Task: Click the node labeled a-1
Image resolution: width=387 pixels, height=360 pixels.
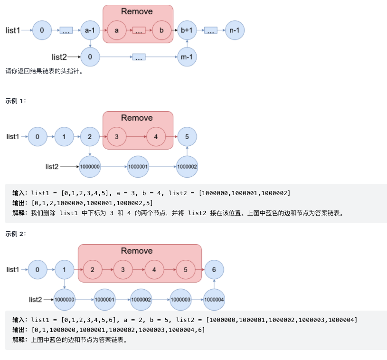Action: [x=90, y=30]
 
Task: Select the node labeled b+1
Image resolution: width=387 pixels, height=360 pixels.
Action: [x=187, y=30]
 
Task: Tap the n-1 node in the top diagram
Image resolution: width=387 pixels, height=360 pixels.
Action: [x=235, y=30]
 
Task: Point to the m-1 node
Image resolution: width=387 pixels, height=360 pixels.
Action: [x=187, y=57]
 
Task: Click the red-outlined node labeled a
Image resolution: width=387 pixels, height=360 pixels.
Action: [x=116, y=30]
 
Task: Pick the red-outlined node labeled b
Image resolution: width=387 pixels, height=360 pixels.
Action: [x=161, y=30]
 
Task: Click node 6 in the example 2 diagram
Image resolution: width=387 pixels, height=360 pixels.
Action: [x=214, y=270]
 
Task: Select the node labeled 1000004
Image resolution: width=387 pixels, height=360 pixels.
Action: [x=214, y=300]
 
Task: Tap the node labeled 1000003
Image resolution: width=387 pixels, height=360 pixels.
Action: [x=180, y=300]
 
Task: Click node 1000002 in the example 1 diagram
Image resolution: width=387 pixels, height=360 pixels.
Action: [x=187, y=167]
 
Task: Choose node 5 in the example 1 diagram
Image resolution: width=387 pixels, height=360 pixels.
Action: [x=187, y=137]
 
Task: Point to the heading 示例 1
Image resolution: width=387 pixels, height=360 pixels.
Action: [x=16, y=101]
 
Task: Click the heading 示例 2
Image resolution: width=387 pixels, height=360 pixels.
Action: [x=16, y=234]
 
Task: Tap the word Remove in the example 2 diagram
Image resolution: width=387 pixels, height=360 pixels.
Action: [x=137, y=251]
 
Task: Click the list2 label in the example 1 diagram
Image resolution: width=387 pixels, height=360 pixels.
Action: [x=52, y=166]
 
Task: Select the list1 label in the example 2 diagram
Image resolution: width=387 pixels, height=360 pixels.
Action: [x=13, y=270]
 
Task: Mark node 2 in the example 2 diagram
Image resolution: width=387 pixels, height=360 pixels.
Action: [x=93, y=270]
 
